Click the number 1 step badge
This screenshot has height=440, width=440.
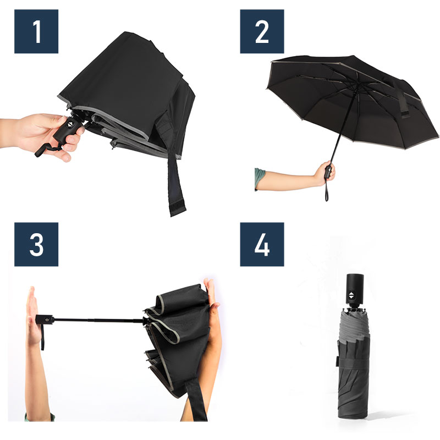(36, 31)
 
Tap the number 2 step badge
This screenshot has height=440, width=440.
(262, 31)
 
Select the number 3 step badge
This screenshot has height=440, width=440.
(36, 244)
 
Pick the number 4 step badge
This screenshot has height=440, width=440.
(262, 244)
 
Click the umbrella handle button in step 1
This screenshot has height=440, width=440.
(70, 125)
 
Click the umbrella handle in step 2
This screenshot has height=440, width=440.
(328, 172)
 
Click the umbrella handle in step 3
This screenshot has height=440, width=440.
(45, 320)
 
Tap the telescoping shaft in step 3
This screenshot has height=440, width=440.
(99, 320)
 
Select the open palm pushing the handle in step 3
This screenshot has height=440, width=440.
(32, 316)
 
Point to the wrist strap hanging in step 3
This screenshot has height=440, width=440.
(43, 337)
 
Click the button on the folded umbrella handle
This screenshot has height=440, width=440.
(352, 295)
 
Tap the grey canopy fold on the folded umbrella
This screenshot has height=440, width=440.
(353, 326)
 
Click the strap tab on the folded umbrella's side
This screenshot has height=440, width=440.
(337, 361)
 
